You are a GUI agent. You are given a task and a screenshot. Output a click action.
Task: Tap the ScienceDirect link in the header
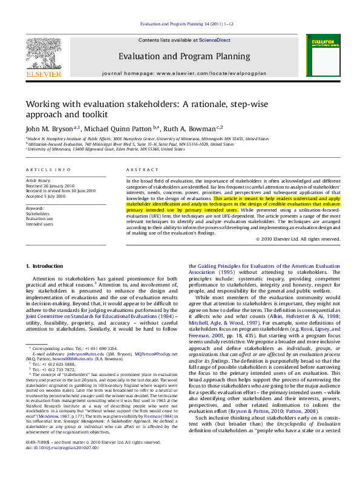point(212,40)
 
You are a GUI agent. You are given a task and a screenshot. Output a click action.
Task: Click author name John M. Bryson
point(49,129)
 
